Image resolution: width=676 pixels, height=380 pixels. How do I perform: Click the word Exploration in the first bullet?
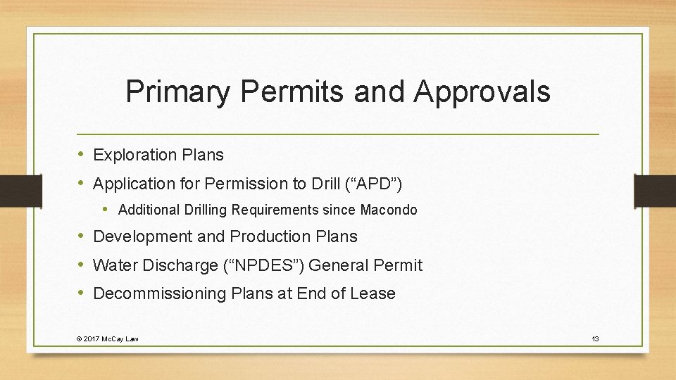tap(132, 155)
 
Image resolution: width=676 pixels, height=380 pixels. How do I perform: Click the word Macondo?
tap(389, 210)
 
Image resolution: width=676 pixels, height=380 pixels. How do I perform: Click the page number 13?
tap(595, 339)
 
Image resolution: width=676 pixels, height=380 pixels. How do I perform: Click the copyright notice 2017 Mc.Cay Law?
tap(107, 339)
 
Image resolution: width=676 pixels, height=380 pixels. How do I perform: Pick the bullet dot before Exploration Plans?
tap(82, 155)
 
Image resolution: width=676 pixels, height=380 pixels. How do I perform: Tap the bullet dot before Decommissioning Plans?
tap(82, 293)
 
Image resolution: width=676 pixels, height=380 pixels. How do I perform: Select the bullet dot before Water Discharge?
tap(82, 265)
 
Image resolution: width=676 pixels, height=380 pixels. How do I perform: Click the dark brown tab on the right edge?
tap(654, 191)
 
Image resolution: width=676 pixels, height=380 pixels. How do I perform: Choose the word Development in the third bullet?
tap(143, 236)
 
